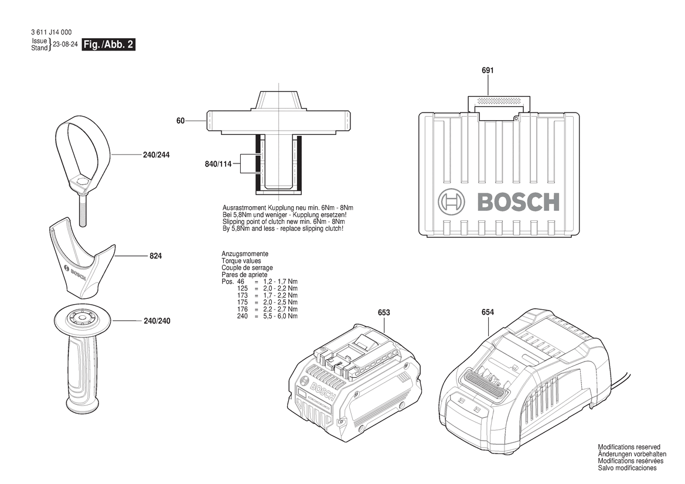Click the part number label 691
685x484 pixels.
pos(488,70)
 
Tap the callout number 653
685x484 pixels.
pos(384,312)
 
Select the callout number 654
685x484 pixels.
pos(488,312)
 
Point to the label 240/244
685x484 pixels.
pos(156,155)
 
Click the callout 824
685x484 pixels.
pos(155,256)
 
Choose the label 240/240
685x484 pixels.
pos(157,321)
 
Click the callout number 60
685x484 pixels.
pos(180,121)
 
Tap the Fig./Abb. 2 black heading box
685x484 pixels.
pos(109,45)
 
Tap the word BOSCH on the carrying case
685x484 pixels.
pos(518,202)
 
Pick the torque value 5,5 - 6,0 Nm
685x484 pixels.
pos(280,316)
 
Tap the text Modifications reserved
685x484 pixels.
pos(629,447)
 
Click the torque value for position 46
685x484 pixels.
pos(280,282)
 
